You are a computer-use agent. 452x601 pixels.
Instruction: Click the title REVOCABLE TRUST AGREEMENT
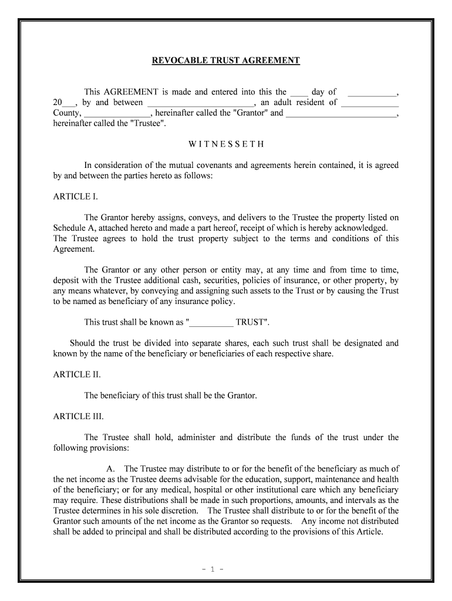pyautogui.click(x=226, y=60)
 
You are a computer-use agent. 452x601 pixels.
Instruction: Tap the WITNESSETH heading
pyautogui.click(x=226, y=144)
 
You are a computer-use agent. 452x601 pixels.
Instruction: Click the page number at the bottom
pyautogui.click(x=226, y=569)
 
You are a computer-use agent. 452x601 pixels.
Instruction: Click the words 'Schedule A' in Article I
pyautogui.click(x=73, y=228)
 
